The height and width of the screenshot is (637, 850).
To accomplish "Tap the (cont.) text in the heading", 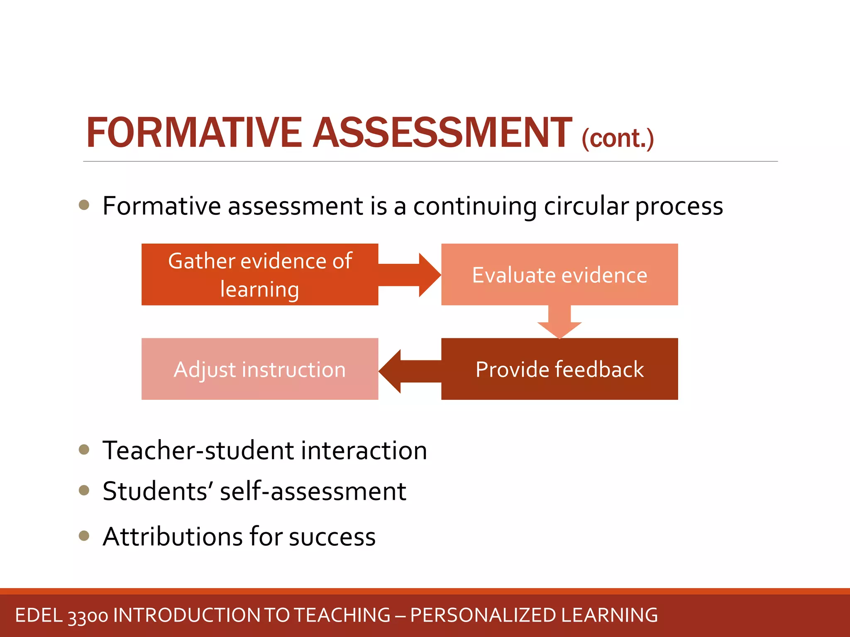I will point(618,139).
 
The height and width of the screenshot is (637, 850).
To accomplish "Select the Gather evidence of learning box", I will point(260,275).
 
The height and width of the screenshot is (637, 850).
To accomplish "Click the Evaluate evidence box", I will point(559,275).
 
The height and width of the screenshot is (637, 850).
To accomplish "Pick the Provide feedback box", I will point(559,369).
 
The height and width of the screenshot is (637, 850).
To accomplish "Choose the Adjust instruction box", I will point(260,369).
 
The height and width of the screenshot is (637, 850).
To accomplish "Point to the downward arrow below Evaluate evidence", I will point(559,322).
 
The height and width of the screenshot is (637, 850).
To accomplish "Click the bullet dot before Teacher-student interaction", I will point(84,450).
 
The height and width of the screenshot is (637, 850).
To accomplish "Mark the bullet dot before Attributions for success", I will point(84,535).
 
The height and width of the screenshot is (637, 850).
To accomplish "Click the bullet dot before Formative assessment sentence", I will point(84,205).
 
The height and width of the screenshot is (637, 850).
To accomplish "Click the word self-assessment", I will point(313,492).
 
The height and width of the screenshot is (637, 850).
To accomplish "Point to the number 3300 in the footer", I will point(88,616).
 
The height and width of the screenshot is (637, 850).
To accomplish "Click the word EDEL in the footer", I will point(39,615).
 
